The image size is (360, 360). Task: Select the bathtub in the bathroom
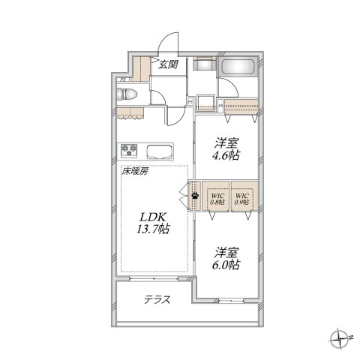click(239, 68)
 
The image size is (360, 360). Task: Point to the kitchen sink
click(160, 150)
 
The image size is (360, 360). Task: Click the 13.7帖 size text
click(152, 230)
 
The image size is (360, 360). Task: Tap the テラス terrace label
click(157, 300)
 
